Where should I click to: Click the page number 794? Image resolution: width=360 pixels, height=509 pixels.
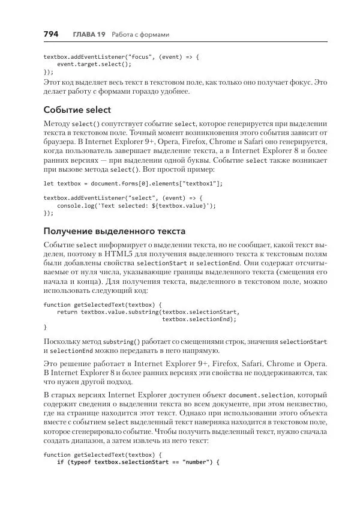coord(51,34)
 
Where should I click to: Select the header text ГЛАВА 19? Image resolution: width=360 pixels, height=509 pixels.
coord(89,35)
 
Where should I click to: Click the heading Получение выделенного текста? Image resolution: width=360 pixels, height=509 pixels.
coord(115,231)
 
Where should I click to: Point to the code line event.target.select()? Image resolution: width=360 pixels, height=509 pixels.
coord(94,63)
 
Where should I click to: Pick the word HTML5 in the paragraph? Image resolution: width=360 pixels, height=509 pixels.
coord(97,254)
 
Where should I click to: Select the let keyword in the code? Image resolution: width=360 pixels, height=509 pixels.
coord(49,183)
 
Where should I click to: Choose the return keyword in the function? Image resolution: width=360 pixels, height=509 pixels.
coord(67,312)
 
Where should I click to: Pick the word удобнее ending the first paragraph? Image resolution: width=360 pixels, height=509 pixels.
coord(174,92)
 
